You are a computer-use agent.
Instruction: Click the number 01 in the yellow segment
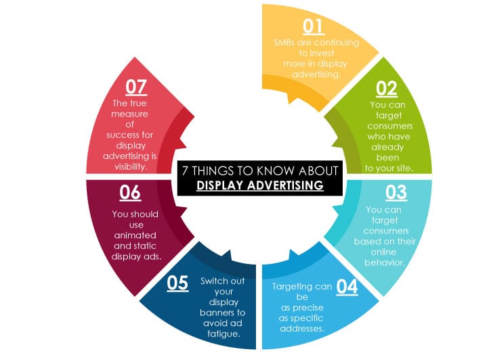[x=313, y=26]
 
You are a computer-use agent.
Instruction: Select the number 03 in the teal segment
[x=396, y=192]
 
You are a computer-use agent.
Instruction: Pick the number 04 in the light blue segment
[x=347, y=286]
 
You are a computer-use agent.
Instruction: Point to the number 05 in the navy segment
[x=177, y=282]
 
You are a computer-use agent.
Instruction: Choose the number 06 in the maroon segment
[x=130, y=193]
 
